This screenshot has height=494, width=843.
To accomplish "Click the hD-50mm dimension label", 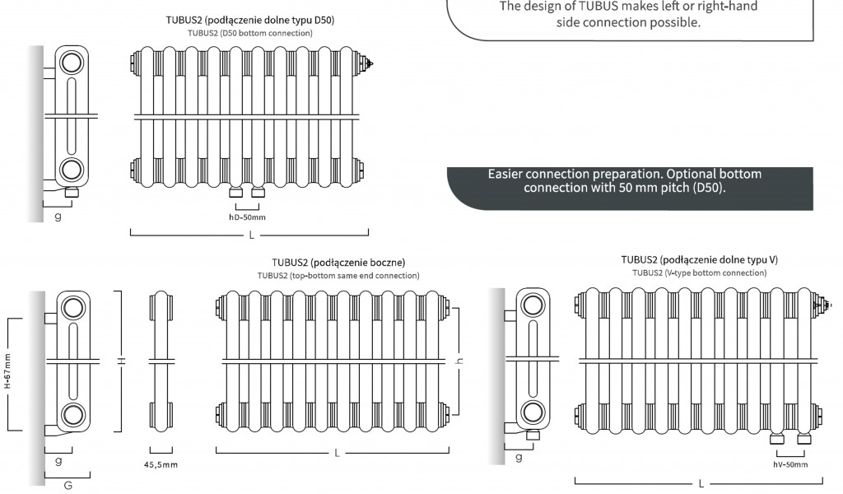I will click(x=247, y=217).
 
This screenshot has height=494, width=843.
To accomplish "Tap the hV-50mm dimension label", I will click(x=789, y=465).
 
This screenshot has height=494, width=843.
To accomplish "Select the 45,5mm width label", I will click(x=161, y=465).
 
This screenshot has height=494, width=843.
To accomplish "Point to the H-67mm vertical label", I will click(x=7, y=373).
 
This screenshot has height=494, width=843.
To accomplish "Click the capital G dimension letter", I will click(x=68, y=486).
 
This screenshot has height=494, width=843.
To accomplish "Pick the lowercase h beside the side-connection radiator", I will click(x=461, y=360).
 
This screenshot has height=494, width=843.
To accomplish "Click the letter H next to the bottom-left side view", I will click(x=122, y=360).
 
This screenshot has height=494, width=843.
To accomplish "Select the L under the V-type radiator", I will click(x=701, y=483).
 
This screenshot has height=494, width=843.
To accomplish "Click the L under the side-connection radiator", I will click(x=338, y=453).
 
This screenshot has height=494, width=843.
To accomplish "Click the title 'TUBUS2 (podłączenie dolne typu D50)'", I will click(x=250, y=19).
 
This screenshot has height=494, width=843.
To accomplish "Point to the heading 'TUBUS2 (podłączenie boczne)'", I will click(x=338, y=263).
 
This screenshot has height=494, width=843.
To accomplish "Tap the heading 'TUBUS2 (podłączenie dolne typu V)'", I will click(x=699, y=259).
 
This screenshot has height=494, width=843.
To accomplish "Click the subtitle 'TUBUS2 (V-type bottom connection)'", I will click(x=699, y=273).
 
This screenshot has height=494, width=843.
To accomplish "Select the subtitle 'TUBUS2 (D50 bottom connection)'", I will click(x=250, y=33).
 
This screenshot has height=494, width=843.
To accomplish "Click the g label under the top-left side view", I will click(x=58, y=217).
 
